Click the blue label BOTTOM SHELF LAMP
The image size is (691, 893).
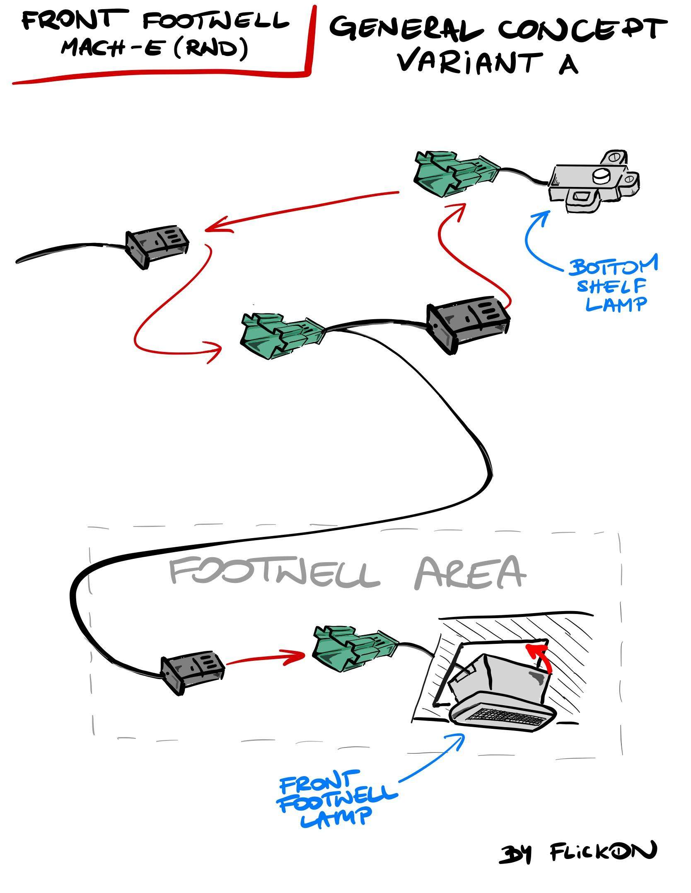[614, 286]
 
